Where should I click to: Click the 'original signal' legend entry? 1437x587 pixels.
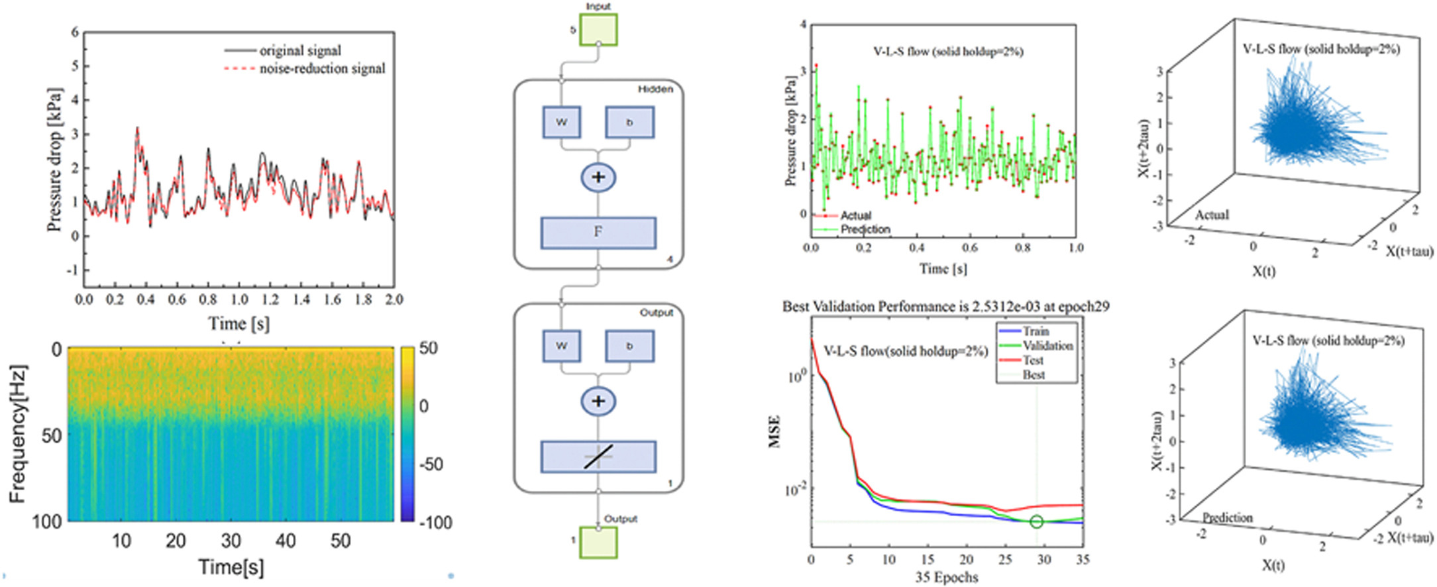tap(300, 50)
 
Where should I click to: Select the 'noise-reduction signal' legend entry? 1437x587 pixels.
tap(322, 68)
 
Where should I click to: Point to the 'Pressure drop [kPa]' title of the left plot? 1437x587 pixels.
tap(54, 160)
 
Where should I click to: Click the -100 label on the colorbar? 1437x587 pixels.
tap(435, 522)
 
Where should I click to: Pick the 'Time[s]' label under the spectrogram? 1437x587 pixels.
tap(231, 567)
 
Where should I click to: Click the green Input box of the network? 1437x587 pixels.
tap(598, 30)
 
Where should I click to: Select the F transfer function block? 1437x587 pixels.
tap(598, 233)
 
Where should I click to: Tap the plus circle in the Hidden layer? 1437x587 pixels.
tap(598, 178)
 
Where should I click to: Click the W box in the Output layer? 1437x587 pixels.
tap(562, 346)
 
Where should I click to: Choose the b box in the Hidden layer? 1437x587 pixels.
tap(629, 123)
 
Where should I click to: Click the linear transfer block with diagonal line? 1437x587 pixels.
tap(598, 456)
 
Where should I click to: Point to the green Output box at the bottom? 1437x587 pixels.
tap(598, 542)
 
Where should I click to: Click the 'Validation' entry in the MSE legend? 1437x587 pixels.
tap(1047, 346)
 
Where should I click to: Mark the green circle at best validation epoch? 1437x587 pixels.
tap(1037, 522)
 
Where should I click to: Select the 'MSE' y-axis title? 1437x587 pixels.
tap(774, 431)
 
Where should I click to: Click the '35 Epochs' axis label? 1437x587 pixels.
tap(947, 577)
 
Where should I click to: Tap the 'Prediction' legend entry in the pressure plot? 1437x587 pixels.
tap(865, 229)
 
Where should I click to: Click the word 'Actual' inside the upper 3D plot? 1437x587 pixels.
tap(1212, 215)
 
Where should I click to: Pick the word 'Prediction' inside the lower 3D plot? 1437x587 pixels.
tap(1228, 517)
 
